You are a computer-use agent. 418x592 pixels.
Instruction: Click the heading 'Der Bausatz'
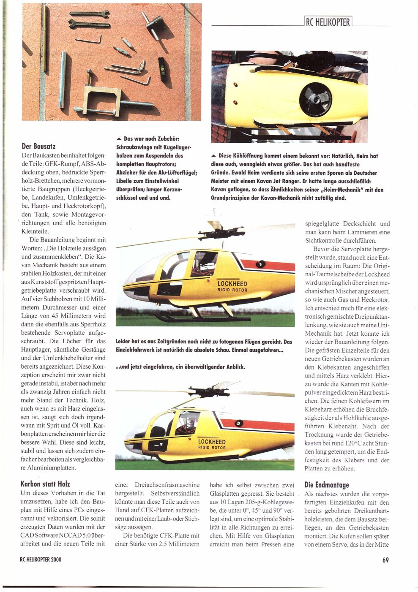(x=38, y=147)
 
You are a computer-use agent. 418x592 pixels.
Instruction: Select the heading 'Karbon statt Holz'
(x=45, y=484)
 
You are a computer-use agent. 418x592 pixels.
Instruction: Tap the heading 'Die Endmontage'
(x=327, y=485)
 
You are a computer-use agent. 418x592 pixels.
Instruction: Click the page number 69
(x=385, y=560)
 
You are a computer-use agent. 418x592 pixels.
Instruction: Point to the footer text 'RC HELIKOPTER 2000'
(x=41, y=560)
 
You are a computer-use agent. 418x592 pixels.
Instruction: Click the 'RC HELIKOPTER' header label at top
(x=328, y=23)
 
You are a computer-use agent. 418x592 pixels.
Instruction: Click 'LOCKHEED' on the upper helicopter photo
(x=232, y=284)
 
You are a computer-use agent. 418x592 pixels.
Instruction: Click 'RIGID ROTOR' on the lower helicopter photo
(x=212, y=447)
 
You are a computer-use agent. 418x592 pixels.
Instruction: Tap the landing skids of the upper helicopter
(x=190, y=316)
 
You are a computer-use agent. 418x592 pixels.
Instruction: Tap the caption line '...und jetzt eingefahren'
(x=180, y=367)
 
